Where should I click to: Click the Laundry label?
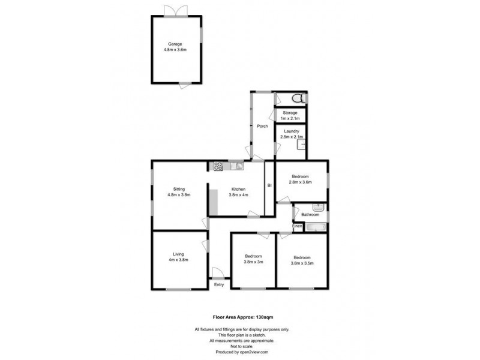pyautogui.click(x=292, y=134)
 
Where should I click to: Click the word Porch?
pyautogui.click(x=262, y=126)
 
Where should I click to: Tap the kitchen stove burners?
pyautogui.click(x=218, y=167)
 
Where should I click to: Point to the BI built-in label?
pyautogui.click(x=269, y=186)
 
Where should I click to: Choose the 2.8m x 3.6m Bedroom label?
pyautogui.click(x=300, y=179)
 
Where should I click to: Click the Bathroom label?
pyautogui.click(x=310, y=214)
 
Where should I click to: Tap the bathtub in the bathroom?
pyautogui.click(x=315, y=227)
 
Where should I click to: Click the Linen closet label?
pyautogui.click(x=298, y=226)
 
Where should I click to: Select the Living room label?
pyautogui.click(x=178, y=257)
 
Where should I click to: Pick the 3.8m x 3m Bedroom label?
pyautogui.click(x=253, y=259)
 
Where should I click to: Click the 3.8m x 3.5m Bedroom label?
pyautogui.click(x=302, y=259)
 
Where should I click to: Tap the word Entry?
pyautogui.click(x=219, y=285)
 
